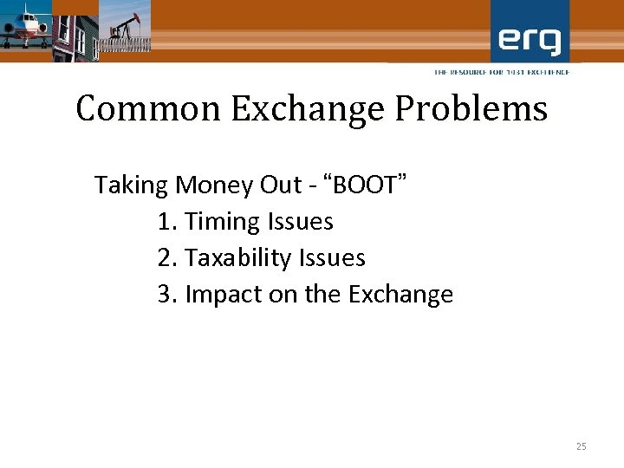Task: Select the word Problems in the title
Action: click(x=470, y=109)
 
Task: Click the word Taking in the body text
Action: click(x=131, y=185)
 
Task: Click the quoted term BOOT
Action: click(x=367, y=185)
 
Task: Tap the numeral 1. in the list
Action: click(x=168, y=222)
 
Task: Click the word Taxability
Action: click(x=238, y=258)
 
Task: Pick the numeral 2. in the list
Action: click(x=168, y=258)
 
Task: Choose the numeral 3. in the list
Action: click(x=168, y=295)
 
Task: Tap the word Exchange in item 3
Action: click(x=400, y=295)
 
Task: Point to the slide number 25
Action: click(x=581, y=446)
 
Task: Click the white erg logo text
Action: click(x=530, y=39)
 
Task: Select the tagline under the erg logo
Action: click(x=502, y=72)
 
